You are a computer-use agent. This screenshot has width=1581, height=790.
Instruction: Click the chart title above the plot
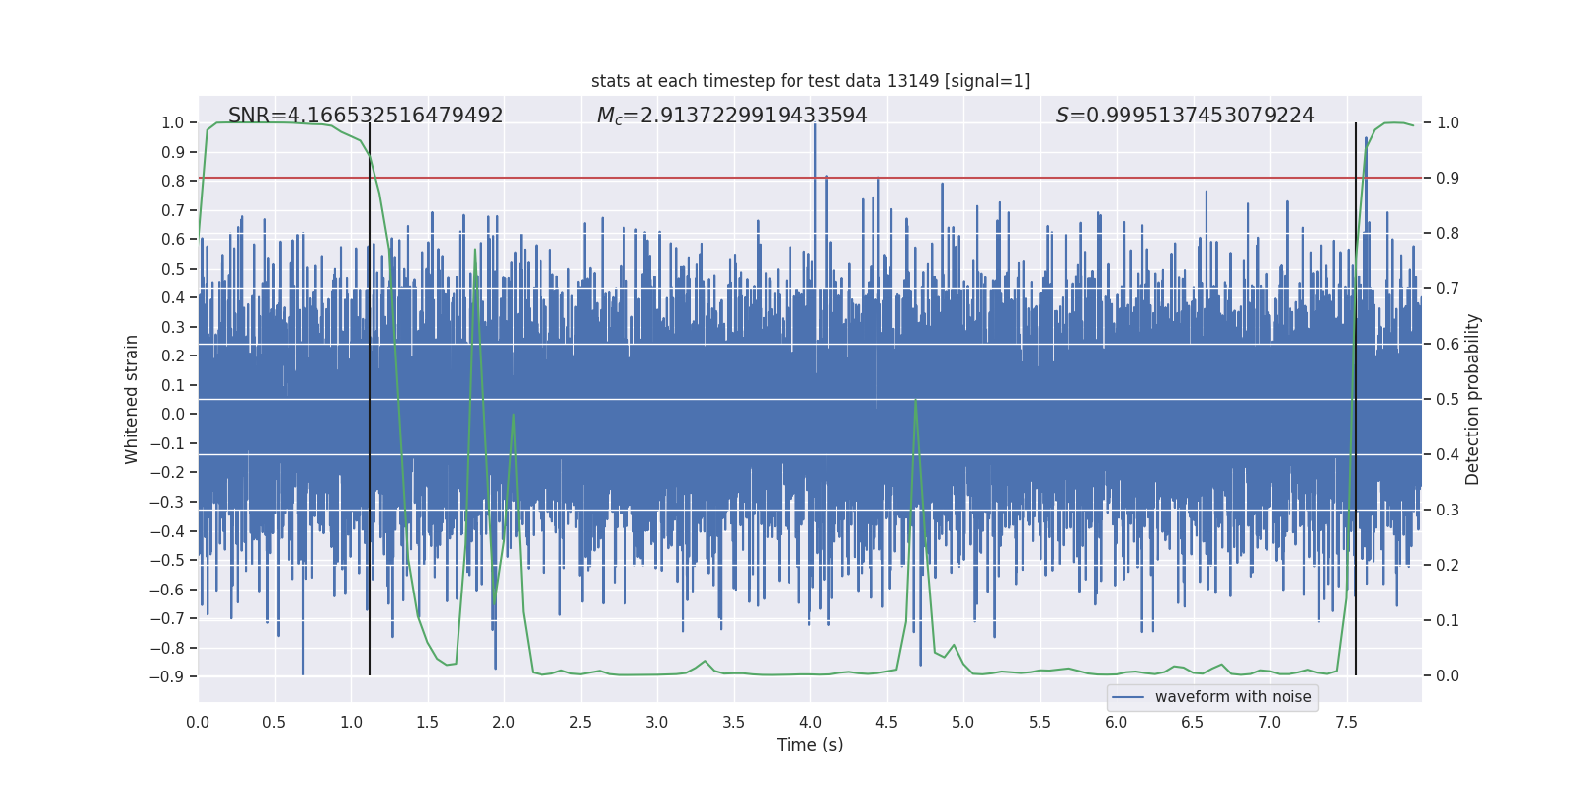point(810,81)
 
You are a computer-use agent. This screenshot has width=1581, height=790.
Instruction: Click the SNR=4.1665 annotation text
point(366,116)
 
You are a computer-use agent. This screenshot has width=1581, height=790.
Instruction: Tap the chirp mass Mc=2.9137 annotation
point(731,116)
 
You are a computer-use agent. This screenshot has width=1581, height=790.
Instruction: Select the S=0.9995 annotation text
point(1185,116)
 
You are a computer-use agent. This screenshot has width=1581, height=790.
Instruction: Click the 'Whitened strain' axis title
point(132,399)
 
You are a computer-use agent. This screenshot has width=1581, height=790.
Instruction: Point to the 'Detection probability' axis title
point(1473,399)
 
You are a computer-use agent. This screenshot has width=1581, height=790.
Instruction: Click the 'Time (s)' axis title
point(809,745)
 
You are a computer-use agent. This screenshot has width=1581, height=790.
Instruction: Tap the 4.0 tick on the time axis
point(810,723)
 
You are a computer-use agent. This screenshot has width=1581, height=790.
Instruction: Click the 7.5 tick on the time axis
point(1346,723)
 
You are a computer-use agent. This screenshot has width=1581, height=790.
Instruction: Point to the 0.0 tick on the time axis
point(198,723)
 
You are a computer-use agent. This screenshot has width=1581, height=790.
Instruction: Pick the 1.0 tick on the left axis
point(172,123)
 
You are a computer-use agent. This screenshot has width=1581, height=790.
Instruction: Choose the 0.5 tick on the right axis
point(1448,400)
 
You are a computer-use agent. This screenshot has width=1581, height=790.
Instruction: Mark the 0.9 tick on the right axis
point(1448,179)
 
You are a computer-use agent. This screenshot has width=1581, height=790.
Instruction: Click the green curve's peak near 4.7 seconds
point(916,400)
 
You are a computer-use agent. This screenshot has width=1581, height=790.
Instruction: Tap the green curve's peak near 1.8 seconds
point(475,251)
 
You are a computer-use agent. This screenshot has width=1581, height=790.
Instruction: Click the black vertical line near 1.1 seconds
point(370,395)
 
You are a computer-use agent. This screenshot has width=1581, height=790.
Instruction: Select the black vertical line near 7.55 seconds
point(1356,395)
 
